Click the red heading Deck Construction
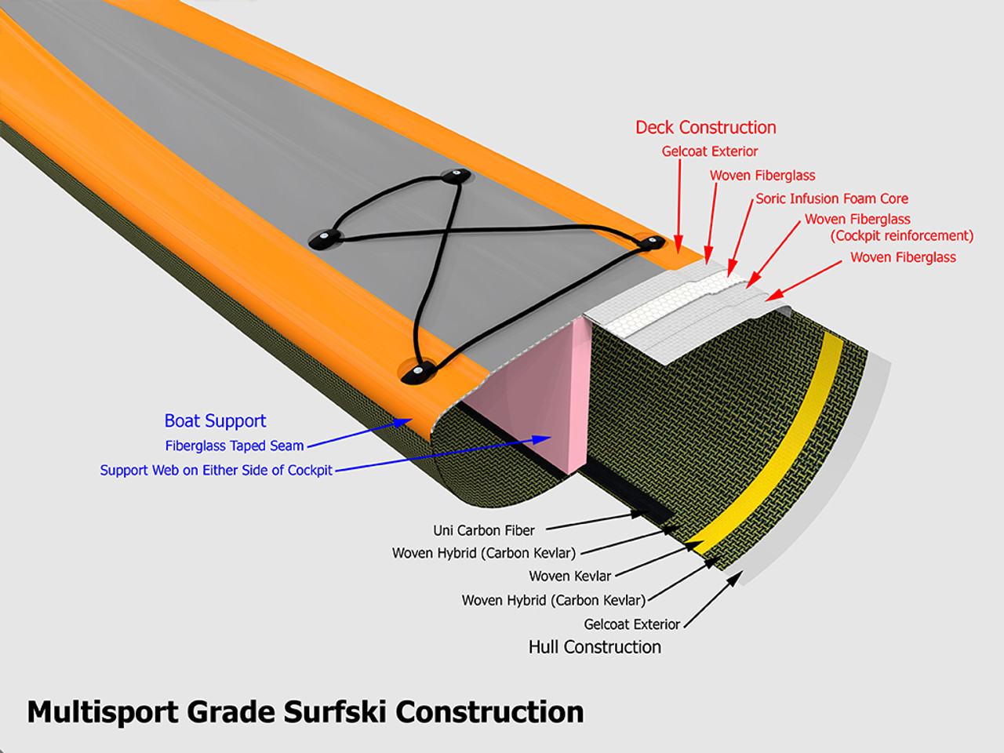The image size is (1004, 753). pos(705,128)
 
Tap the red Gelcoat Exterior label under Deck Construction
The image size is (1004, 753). pos(710,151)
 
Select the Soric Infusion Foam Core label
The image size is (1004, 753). pos(831,198)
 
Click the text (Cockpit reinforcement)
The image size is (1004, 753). pos(902,236)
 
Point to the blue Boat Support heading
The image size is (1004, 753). pos(215,421)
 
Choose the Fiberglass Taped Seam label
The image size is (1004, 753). pos(234,446)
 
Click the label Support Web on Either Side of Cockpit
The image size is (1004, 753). pos(216,471)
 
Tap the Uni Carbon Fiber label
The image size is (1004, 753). pos(484,530)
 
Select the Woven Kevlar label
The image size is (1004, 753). pos(569,577)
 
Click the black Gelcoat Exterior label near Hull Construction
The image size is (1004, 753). pos(631,624)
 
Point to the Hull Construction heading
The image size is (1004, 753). pos(595,647)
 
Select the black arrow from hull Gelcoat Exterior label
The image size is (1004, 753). pos(713,601)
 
